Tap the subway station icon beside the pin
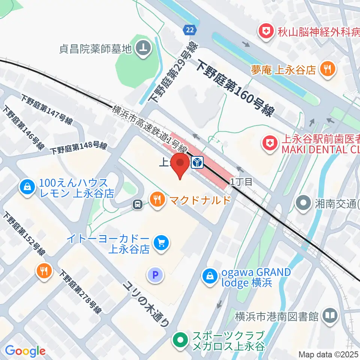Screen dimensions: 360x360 (197, 162)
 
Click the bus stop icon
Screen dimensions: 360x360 (138, 204)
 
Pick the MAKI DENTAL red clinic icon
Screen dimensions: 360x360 (269, 143)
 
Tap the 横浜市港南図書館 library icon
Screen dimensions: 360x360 (330, 316)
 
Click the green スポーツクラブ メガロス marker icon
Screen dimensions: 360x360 (180, 340)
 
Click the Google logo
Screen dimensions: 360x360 (25, 351)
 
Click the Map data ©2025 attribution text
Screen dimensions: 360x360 (328, 354)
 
